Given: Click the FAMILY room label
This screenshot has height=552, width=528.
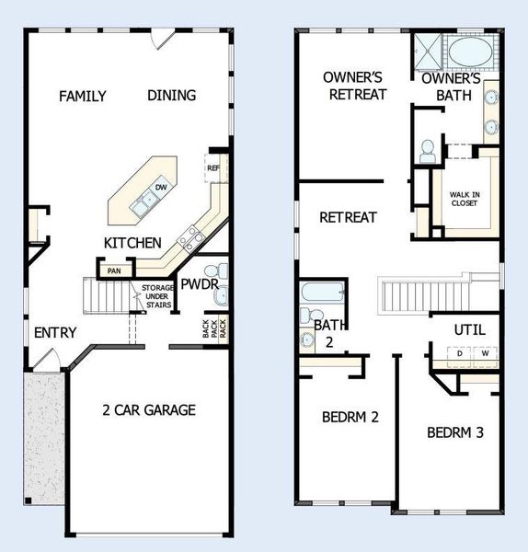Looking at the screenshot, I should [83, 96].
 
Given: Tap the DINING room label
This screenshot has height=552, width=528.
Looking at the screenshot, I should [171, 96].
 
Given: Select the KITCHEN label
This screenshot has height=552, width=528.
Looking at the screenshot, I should [132, 243].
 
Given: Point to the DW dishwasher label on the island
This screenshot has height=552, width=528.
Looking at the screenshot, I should [160, 188].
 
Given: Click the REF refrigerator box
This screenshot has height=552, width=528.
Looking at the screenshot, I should [213, 168].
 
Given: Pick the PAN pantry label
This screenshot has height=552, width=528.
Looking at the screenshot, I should [114, 270].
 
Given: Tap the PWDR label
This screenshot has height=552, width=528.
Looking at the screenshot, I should [199, 285].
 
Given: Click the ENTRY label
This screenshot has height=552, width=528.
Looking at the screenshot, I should [55, 333].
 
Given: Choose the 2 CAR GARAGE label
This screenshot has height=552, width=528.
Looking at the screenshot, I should [148, 410].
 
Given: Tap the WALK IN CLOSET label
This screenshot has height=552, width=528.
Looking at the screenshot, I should [465, 199].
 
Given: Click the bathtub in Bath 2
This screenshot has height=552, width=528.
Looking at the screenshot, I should [322, 296].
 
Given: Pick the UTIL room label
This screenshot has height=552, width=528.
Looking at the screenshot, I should [469, 330].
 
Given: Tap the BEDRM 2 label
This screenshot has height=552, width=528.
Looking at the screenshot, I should [351, 417].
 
